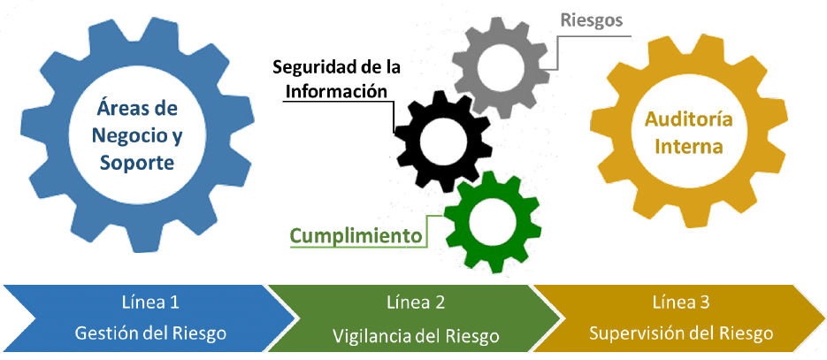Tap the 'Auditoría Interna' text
pos(688,132)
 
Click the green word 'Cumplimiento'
pos(356,236)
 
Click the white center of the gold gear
pos(688,132)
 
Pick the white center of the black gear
pos(439,142)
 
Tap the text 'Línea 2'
pos(416,303)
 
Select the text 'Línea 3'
pos(681,303)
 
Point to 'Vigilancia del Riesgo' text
pos(416,335)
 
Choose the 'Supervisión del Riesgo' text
pos(681,333)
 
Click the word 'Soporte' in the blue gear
pos(136,164)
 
